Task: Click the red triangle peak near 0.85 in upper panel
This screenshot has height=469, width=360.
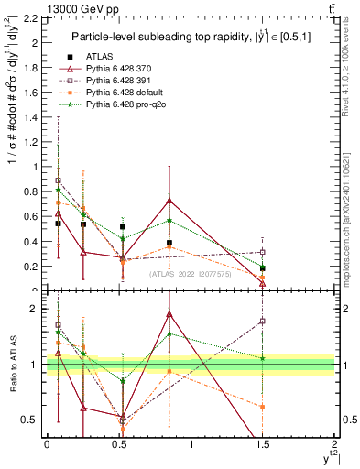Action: click(x=169, y=200)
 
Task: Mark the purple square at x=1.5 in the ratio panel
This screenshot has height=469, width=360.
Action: click(x=263, y=321)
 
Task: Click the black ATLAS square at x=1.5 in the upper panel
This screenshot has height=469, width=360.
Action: click(x=263, y=268)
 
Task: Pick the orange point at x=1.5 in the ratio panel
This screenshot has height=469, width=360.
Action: click(x=263, y=406)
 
